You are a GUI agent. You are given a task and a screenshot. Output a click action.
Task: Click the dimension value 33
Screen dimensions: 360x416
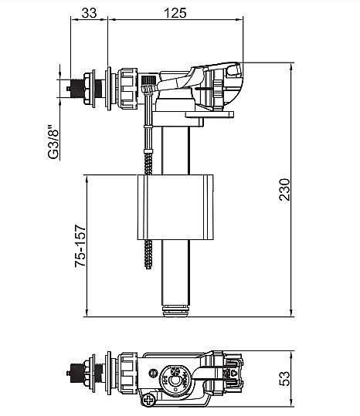(89, 12)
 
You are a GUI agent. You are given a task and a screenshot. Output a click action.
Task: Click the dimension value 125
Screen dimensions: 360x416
(175, 12)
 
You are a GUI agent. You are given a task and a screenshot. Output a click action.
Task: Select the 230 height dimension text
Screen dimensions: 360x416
(285, 189)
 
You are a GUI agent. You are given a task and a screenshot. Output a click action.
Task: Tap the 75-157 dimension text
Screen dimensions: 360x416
(80, 245)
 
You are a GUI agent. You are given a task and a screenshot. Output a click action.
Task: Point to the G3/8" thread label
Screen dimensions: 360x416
(53, 142)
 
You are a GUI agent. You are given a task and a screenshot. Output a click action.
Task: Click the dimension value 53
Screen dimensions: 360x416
(285, 378)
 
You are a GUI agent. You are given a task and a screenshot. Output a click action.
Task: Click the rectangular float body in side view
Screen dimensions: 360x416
(175, 207)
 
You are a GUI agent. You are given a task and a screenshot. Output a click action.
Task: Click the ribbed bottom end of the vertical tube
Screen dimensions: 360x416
(176, 311)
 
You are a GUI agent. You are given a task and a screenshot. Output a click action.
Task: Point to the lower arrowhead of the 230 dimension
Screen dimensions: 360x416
(291, 313)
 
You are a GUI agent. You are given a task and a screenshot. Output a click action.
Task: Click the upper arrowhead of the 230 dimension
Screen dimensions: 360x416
(291, 67)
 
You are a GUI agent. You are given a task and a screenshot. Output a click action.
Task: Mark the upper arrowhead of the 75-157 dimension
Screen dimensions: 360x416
(87, 179)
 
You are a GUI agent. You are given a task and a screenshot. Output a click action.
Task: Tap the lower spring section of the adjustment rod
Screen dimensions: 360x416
(148, 254)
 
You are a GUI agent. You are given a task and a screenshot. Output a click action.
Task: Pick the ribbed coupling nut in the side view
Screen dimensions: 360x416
(127, 88)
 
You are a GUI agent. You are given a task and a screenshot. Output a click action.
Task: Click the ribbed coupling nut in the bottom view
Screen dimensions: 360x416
(127, 373)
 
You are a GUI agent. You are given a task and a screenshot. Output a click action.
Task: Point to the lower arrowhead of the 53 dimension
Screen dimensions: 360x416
(291, 401)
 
